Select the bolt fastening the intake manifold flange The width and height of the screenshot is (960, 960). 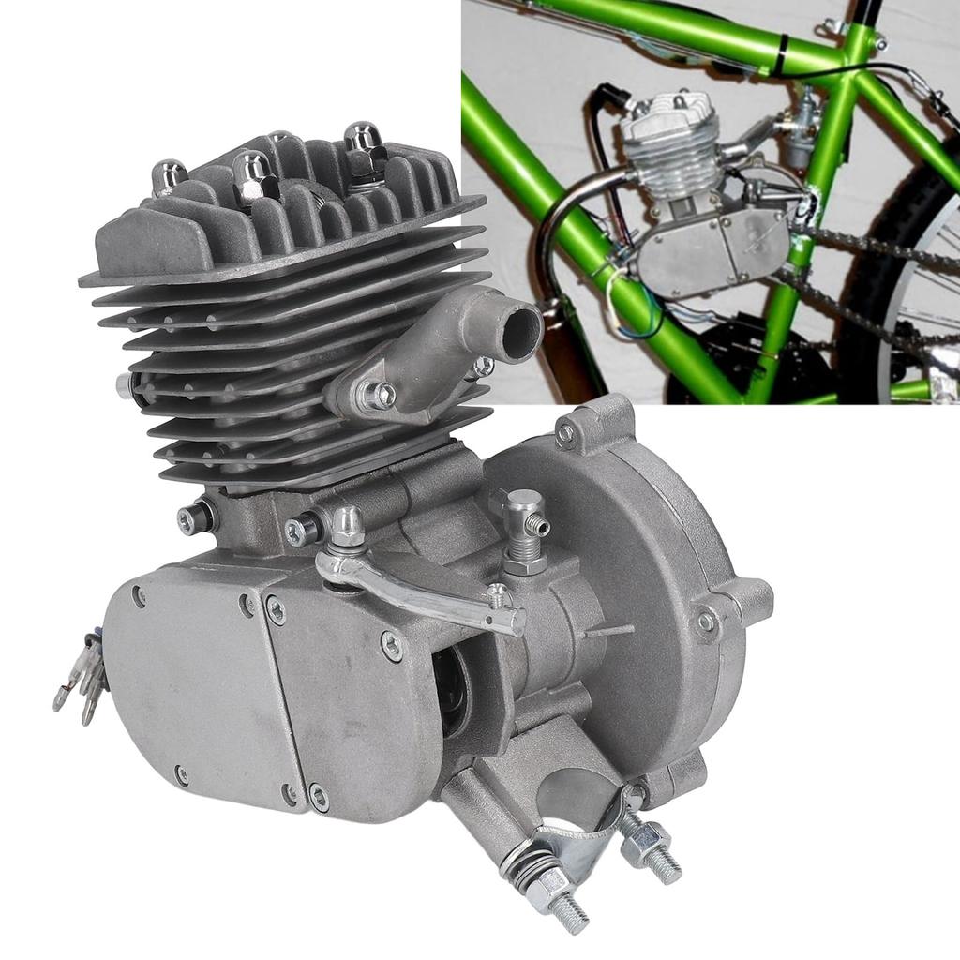coord(379,395)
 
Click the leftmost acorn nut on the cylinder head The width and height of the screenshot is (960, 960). coord(169,175)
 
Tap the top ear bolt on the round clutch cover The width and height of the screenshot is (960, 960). coord(565,432)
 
